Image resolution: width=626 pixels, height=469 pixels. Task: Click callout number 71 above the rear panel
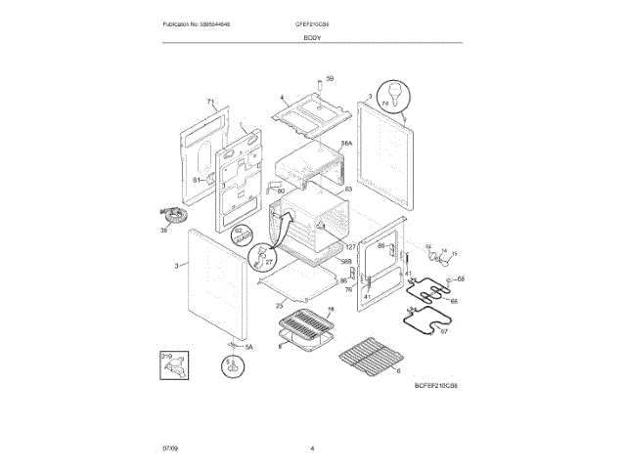209,103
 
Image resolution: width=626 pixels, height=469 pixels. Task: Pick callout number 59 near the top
330,79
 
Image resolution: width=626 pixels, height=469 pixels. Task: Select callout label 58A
346,144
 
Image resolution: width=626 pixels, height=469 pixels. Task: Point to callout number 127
350,247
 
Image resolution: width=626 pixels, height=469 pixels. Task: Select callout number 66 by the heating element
454,301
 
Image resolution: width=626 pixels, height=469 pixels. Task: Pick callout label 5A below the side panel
248,347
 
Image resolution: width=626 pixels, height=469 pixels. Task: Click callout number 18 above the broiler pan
330,309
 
